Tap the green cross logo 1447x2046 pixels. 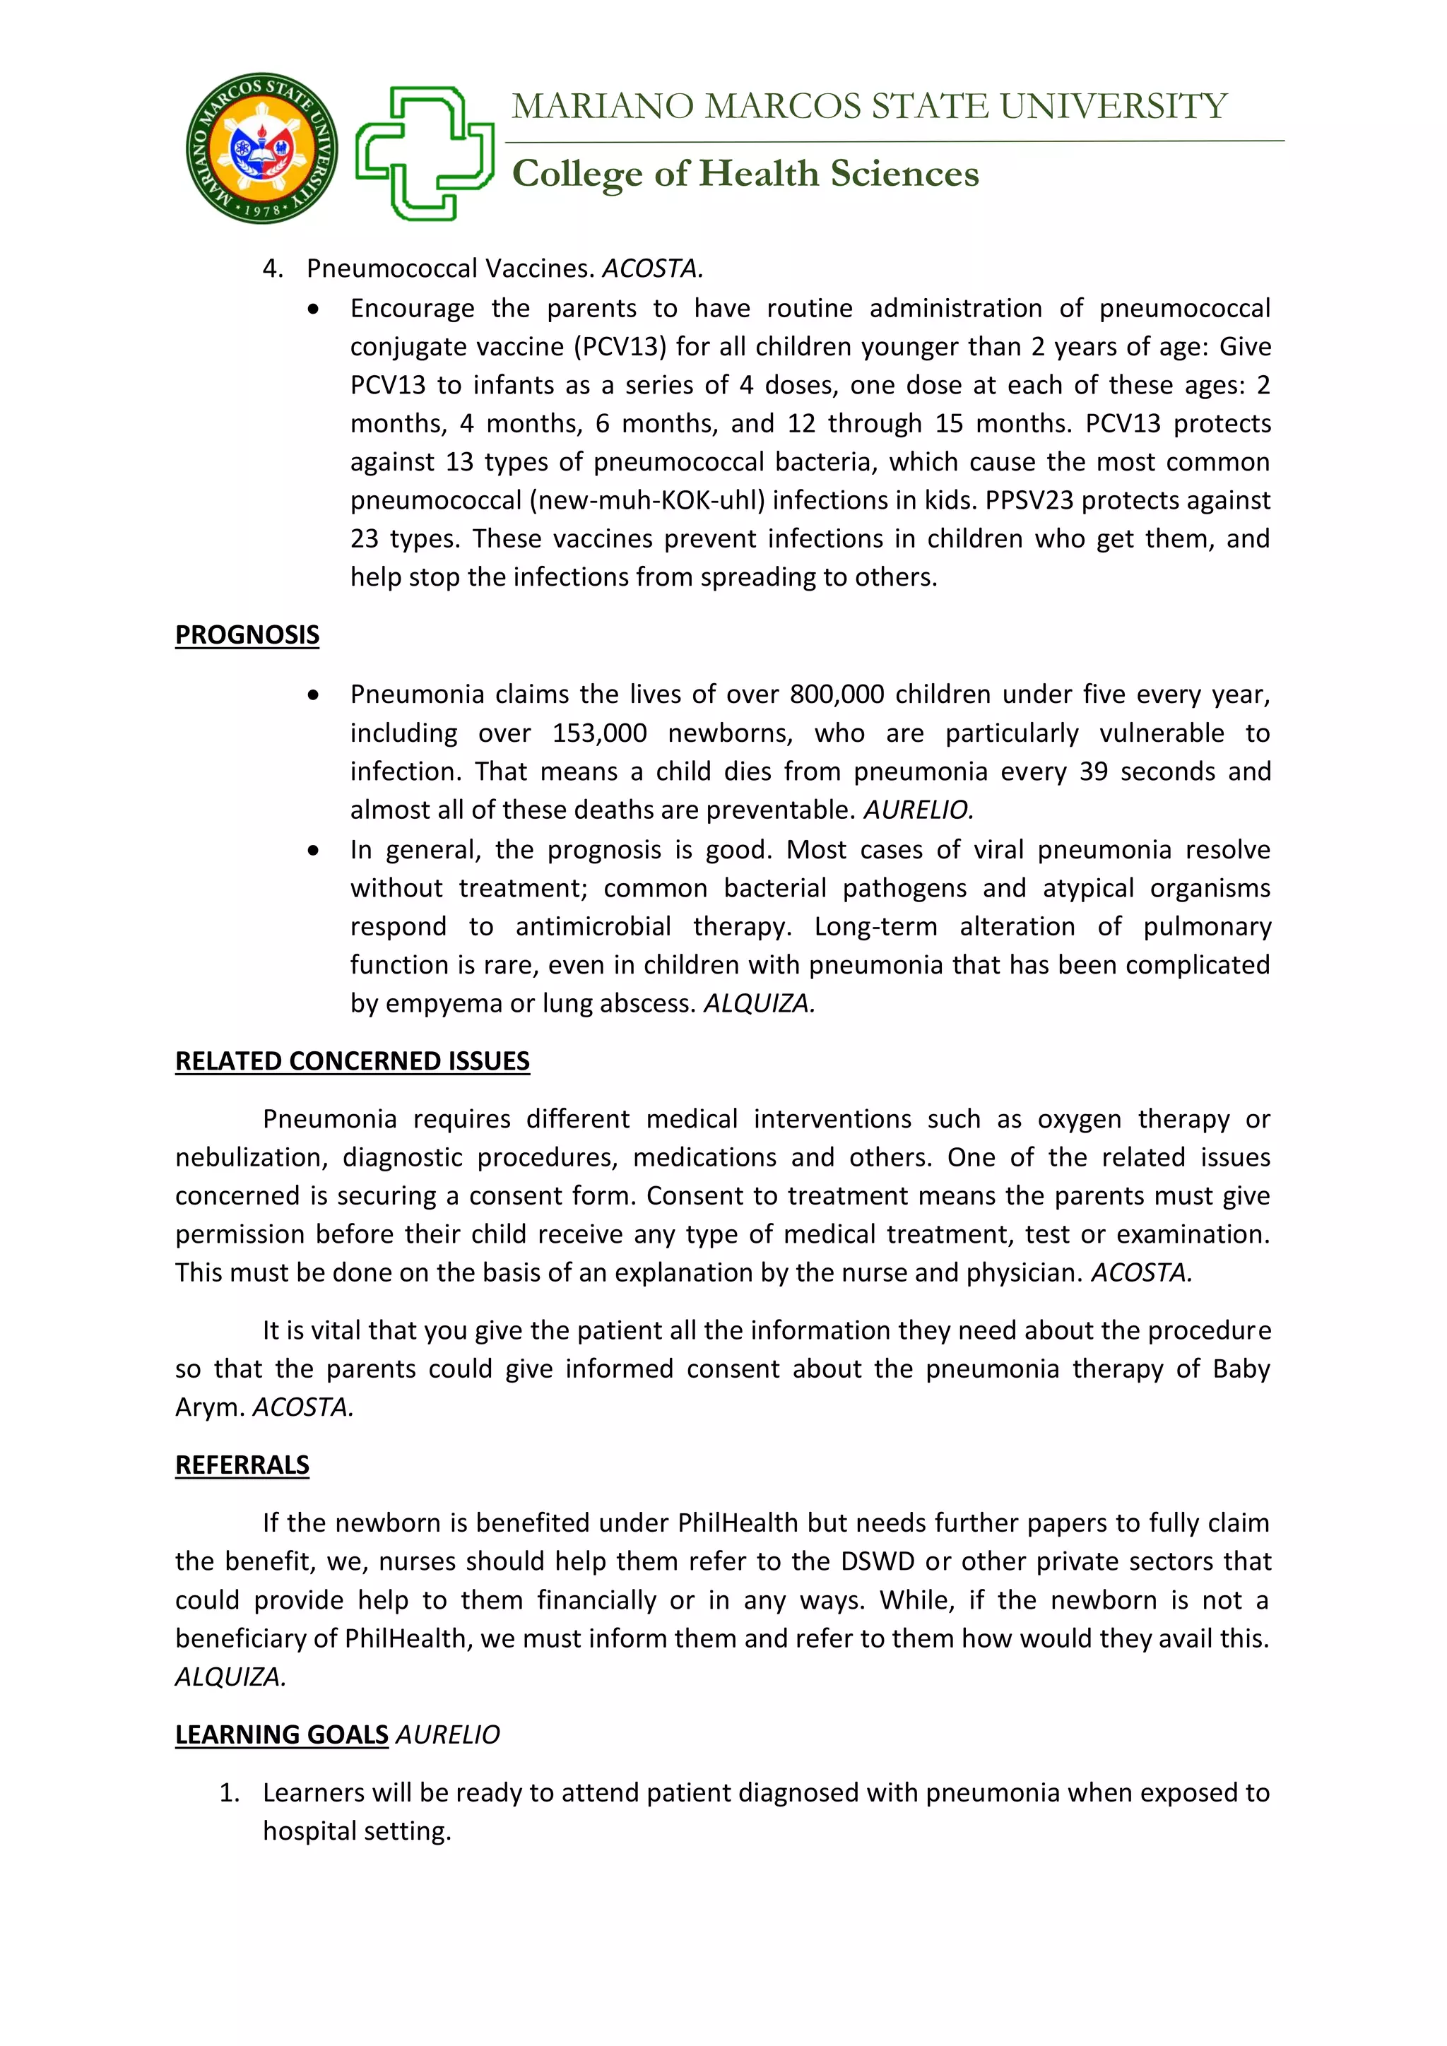(425, 153)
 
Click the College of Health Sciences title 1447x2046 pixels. (745, 174)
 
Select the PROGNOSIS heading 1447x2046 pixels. (247, 635)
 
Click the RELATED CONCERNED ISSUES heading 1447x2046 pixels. (352, 1061)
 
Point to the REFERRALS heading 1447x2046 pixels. (242, 1465)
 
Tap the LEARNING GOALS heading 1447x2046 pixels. (282, 1734)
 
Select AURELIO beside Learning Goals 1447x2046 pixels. (447, 1734)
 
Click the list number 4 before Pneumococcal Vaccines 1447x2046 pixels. (272, 268)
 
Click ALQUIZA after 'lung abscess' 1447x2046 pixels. (759, 1003)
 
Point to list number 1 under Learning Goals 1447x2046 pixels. (229, 1792)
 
